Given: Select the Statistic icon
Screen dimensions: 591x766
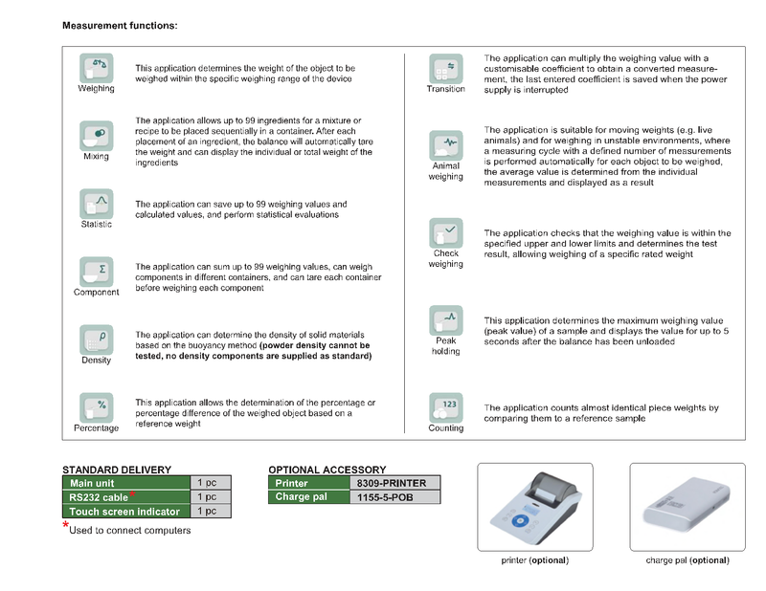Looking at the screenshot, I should (x=96, y=204).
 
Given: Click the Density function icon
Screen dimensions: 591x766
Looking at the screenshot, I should (x=96, y=339).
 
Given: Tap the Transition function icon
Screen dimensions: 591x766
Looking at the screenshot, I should (x=445, y=68).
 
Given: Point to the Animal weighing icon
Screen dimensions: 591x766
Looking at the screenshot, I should (x=445, y=144).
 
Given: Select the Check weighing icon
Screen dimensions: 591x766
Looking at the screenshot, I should (x=445, y=232).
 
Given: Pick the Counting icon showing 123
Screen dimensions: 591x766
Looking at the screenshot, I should (x=445, y=407).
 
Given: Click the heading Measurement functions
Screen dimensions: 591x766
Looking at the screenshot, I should (x=120, y=25).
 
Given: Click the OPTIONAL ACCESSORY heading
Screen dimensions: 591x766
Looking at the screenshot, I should (x=327, y=470).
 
